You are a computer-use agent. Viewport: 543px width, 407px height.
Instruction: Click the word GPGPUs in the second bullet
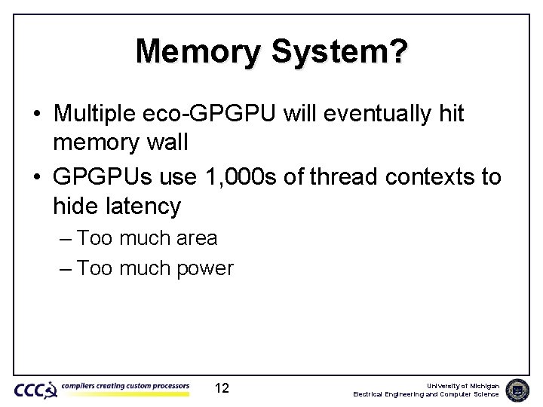coord(98,176)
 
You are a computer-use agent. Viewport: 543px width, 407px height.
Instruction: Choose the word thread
coord(342,176)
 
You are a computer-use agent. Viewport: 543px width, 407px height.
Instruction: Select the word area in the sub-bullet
coord(196,238)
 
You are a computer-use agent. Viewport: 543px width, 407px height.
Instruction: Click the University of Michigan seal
coord(517,390)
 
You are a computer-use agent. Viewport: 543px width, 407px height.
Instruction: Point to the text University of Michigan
coord(462,385)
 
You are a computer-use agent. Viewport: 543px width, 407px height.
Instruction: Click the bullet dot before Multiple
coord(37,115)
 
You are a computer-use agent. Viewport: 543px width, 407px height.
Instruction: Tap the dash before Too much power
coord(64,268)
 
